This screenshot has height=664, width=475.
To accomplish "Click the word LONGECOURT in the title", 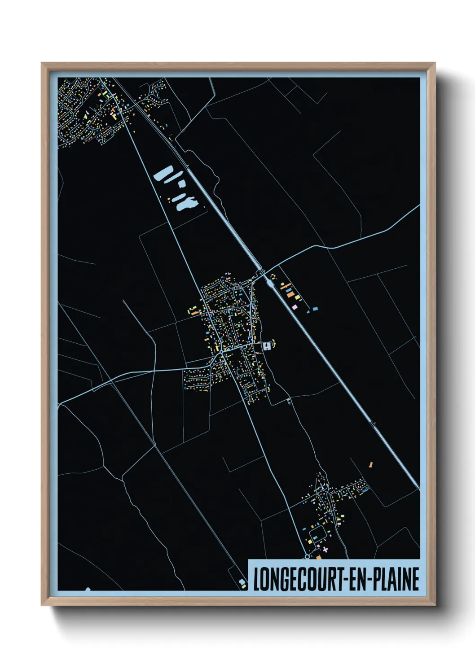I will [x=295, y=579].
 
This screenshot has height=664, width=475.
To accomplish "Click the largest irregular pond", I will [x=187, y=204].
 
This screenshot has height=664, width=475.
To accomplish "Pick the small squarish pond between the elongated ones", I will [x=181, y=183].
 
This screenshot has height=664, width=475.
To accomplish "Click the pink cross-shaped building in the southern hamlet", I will [x=325, y=549].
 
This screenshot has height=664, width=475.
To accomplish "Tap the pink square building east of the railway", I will [x=295, y=307].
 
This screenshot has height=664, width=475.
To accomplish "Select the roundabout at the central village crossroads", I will [x=222, y=354].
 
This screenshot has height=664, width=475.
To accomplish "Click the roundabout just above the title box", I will [x=307, y=556].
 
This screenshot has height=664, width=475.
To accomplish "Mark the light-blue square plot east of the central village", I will [x=268, y=346].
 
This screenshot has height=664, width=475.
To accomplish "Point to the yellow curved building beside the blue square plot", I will [x=274, y=344].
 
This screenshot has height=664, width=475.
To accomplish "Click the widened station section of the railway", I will [x=269, y=280].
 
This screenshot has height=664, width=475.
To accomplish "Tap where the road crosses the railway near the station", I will [x=260, y=271].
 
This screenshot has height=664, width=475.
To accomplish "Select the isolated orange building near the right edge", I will [x=371, y=465].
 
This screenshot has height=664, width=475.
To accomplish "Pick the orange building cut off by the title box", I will [x=318, y=557].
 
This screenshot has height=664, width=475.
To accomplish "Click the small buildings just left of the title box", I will [x=242, y=583].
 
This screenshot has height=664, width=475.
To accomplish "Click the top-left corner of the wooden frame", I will [x=42, y=63].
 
